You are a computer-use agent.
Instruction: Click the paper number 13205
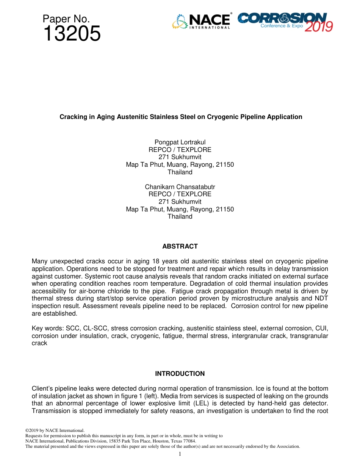point(72,34)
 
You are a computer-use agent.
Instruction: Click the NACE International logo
point(202,21)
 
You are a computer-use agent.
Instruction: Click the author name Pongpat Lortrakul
point(180,142)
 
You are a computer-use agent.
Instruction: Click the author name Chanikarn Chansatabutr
point(180,187)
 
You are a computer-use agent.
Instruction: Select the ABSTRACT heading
point(180,246)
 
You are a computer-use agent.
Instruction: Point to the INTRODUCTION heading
point(180,374)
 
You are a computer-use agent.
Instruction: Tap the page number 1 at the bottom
point(180,454)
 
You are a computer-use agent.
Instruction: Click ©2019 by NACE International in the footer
point(55,430)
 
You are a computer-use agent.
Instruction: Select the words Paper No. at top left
point(66,19)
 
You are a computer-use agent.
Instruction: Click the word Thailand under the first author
point(180,172)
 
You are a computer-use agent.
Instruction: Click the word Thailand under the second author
point(180,216)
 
